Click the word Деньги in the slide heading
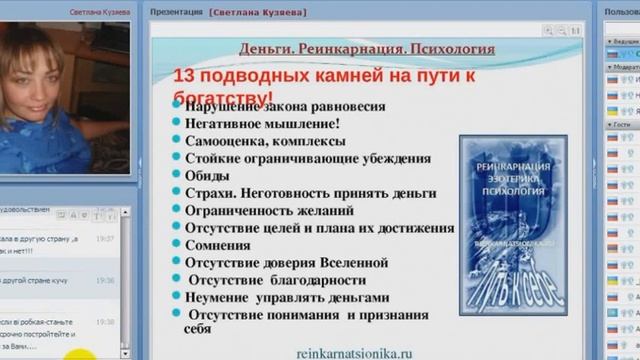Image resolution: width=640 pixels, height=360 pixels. (264, 49)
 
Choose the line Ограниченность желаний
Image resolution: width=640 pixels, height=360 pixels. (269, 211)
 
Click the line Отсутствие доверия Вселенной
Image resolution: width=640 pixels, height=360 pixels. (289, 262)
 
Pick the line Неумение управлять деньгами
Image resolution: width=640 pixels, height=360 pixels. (288, 297)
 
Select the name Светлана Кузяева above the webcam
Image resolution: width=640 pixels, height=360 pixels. (100, 12)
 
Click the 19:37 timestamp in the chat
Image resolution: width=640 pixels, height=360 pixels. (105, 240)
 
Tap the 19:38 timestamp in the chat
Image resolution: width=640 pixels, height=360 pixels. (105, 322)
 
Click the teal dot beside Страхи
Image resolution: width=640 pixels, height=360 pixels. (176, 193)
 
